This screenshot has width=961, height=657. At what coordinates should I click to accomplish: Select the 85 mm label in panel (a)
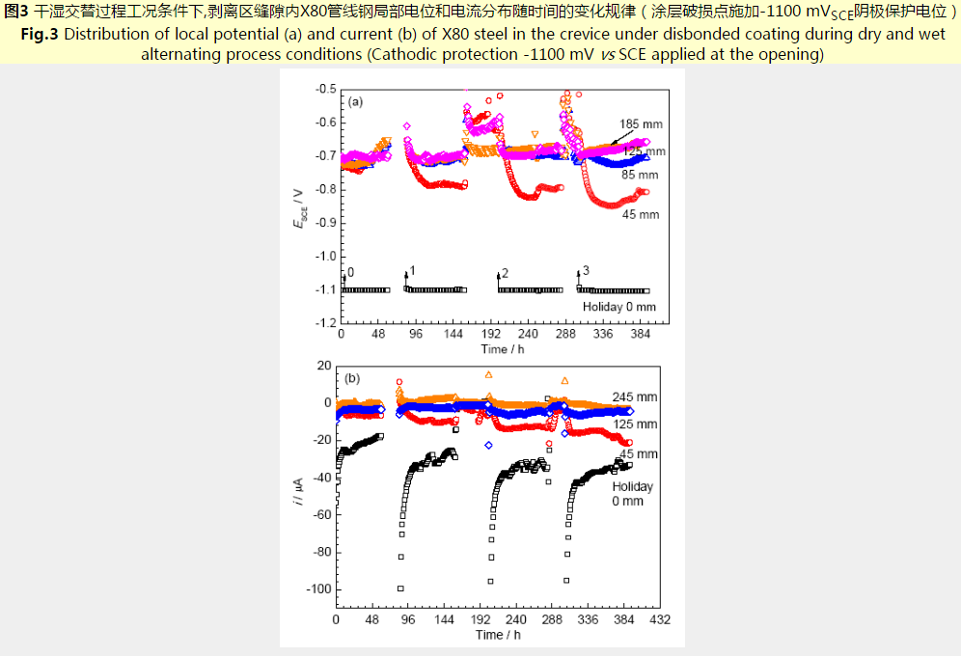[x=640, y=176]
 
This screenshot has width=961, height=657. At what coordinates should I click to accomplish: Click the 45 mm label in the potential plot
[x=640, y=214]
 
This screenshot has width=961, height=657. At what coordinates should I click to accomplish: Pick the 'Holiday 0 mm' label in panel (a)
[x=618, y=307]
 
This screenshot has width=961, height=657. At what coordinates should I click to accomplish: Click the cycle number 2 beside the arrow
[x=505, y=273]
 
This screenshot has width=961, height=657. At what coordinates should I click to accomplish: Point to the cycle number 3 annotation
[x=586, y=268]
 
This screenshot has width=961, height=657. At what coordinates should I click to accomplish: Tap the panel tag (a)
[x=355, y=100]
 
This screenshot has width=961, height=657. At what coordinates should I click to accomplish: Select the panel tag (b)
[x=352, y=378]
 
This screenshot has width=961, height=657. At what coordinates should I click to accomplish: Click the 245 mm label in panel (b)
[x=635, y=397]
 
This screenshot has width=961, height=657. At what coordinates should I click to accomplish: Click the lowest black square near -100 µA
[x=400, y=589]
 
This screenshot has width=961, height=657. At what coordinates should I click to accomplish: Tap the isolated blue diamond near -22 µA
[x=489, y=445]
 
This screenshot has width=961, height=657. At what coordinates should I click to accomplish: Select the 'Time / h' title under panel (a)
[x=502, y=348]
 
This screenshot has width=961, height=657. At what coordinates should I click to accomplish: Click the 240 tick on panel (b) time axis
[x=516, y=619]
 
